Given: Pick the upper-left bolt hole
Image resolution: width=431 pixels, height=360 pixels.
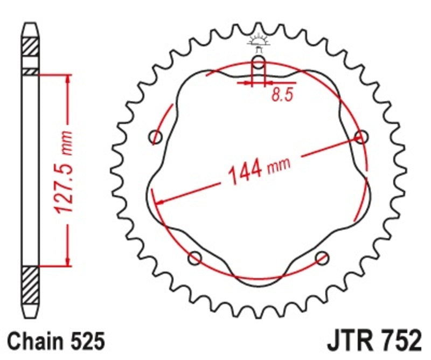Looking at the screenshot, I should coord(156,137).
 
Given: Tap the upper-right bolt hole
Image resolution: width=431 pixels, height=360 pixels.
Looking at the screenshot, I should coord(362,137).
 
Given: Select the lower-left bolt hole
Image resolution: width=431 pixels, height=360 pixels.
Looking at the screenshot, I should coord(195,258).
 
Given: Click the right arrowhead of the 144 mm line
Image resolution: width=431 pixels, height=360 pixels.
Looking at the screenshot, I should coord(360,139).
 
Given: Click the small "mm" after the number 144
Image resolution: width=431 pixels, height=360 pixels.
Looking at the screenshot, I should coord(280,163).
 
